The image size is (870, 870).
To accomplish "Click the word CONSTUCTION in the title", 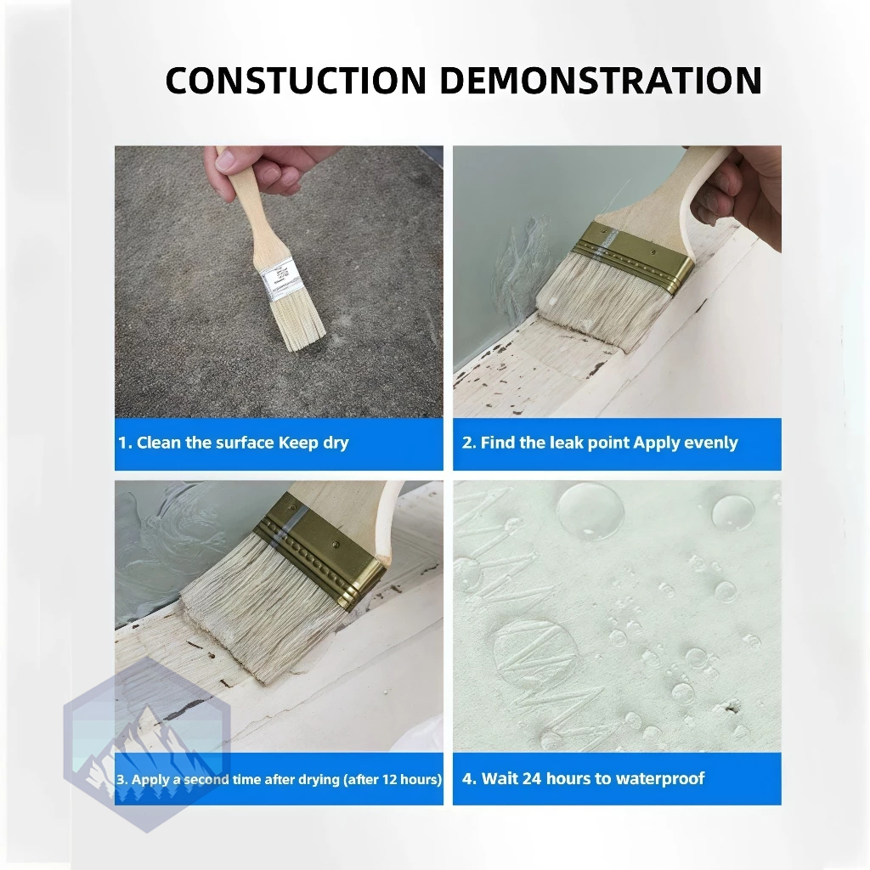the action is [x=296, y=81].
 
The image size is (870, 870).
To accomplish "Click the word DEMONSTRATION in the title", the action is [x=601, y=81].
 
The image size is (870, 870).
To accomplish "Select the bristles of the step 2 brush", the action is [x=602, y=302].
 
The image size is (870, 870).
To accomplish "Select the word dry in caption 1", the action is [x=335, y=443].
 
